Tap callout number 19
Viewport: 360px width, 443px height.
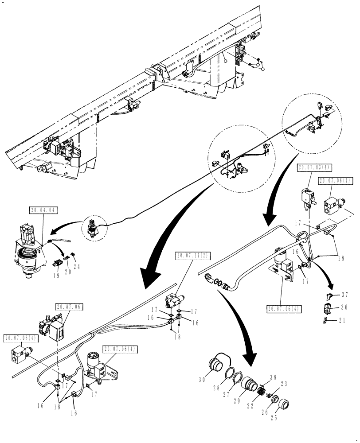[56, 275]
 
